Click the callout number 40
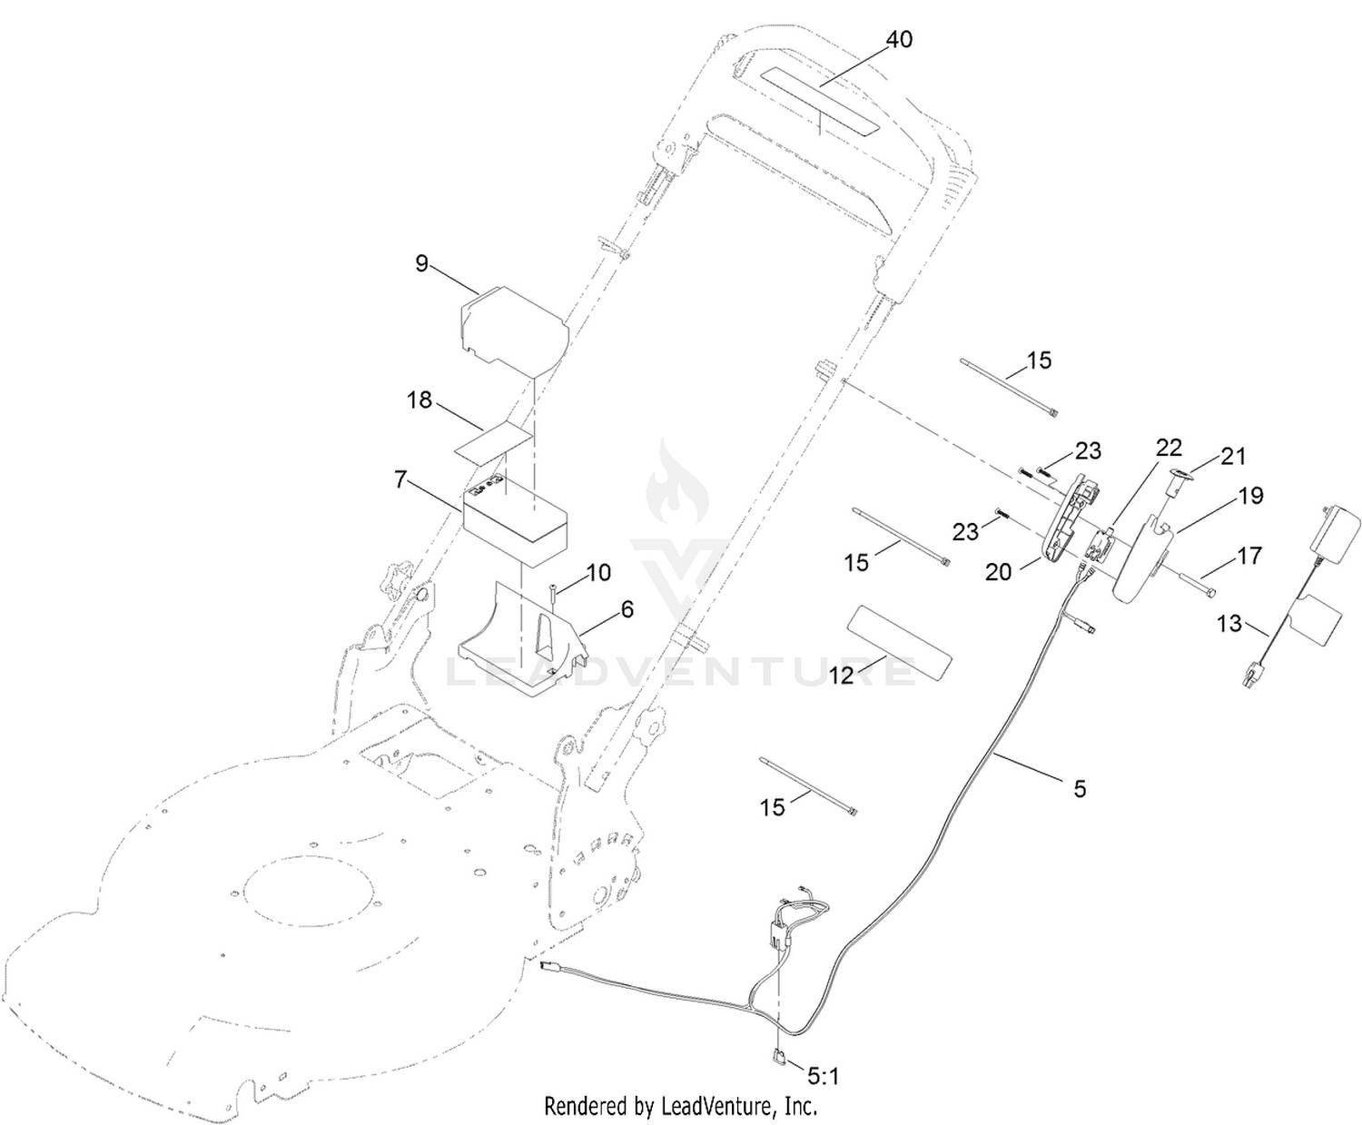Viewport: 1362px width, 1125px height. click(x=898, y=40)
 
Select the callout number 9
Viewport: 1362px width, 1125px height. click(x=422, y=263)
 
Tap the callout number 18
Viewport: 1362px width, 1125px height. click(x=419, y=400)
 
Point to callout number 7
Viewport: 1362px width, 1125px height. click(x=400, y=480)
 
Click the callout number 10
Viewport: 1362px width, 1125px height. click(x=598, y=573)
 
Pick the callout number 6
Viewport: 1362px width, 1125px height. click(x=627, y=609)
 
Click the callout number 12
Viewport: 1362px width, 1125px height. click(x=842, y=676)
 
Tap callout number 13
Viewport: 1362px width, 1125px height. click(x=1229, y=624)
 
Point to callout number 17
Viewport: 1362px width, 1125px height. click(x=1249, y=556)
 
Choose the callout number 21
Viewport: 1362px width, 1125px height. click(x=1233, y=457)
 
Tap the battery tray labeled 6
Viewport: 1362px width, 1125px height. click(x=522, y=637)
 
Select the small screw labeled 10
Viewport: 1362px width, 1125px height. click(x=553, y=598)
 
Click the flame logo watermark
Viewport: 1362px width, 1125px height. click(x=677, y=485)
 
